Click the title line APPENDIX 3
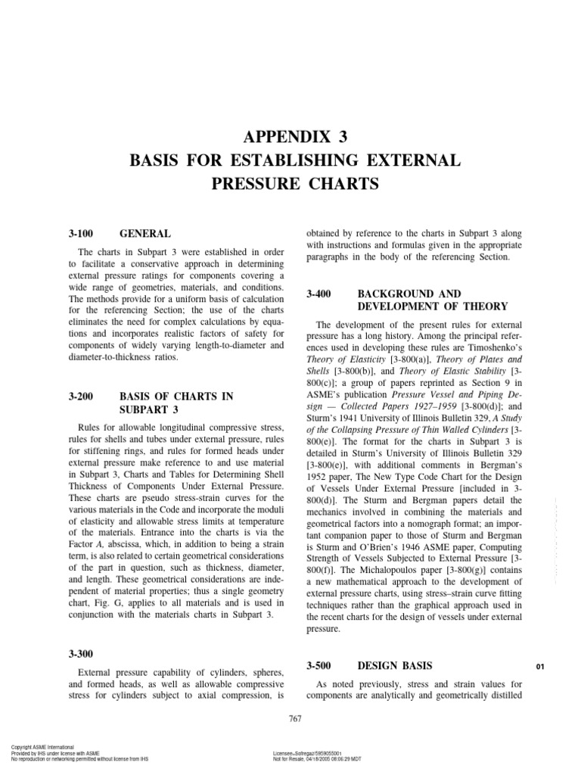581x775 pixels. tap(290, 138)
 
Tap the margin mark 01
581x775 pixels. tap(540, 667)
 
